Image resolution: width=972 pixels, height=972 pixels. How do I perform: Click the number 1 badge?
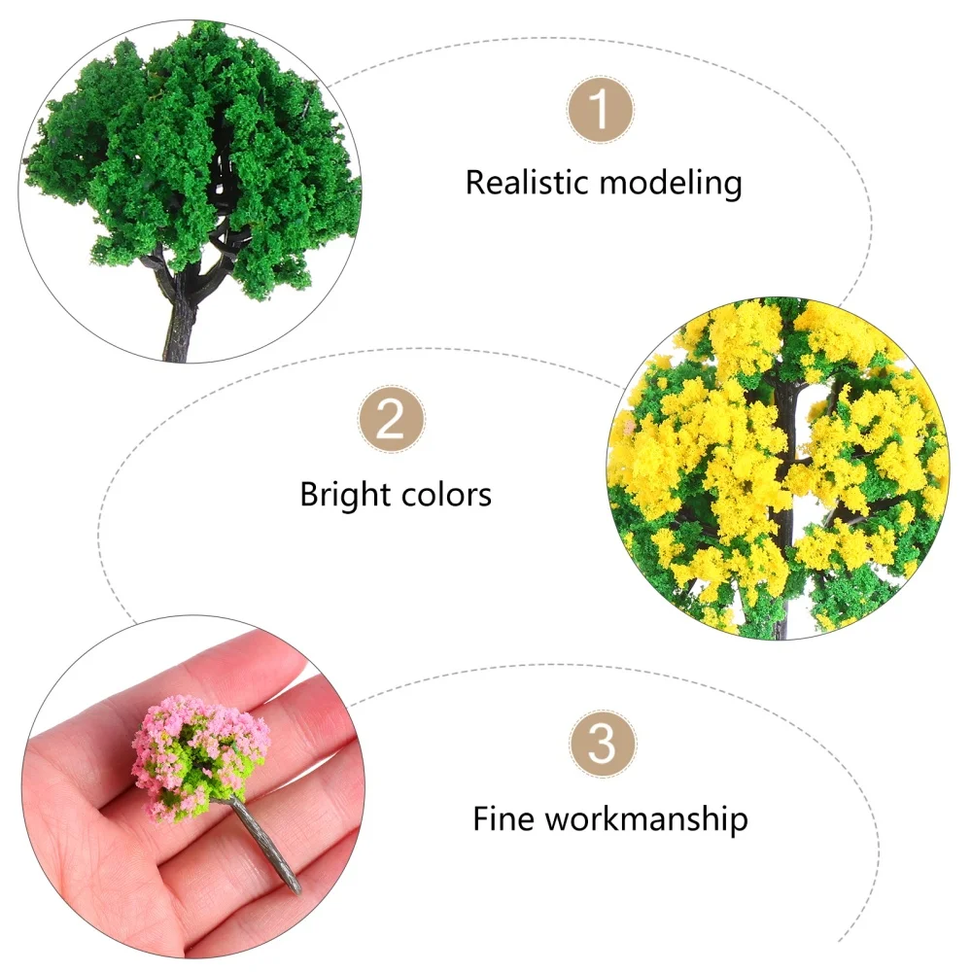tap(601, 110)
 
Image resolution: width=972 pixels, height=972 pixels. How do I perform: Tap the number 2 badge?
tap(391, 421)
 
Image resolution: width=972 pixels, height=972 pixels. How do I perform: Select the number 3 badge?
tap(603, 744)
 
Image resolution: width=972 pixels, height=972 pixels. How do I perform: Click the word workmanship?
tap(645, 818)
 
